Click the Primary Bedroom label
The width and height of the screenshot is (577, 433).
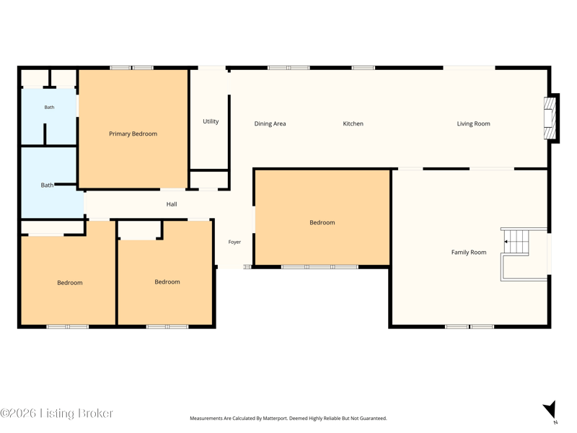click(133, 134)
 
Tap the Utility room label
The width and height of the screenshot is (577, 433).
click(211, 121)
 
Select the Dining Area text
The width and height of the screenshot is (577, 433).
click(270, 123)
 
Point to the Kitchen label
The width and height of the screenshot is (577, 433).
click(353, 123)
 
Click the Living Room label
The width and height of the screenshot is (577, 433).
click(473, 123)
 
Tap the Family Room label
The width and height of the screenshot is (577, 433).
click(468, 252)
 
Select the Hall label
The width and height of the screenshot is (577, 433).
click(172, 204)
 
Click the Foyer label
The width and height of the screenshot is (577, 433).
click(234, 242)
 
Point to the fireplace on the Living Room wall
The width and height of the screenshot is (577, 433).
click(551, 118)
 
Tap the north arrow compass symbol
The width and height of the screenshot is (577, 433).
click(550, 411)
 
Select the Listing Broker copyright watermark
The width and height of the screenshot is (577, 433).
click(57, 413)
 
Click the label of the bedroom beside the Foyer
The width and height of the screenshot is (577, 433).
click(322, 222)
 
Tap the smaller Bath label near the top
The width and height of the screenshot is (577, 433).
click(49, 107)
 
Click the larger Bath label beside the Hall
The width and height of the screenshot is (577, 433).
click(47, 185)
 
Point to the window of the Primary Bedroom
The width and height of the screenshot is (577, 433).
click(132, 68)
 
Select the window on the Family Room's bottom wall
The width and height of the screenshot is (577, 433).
click(470, 327)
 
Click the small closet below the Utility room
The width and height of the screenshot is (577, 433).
click(208, 180)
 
